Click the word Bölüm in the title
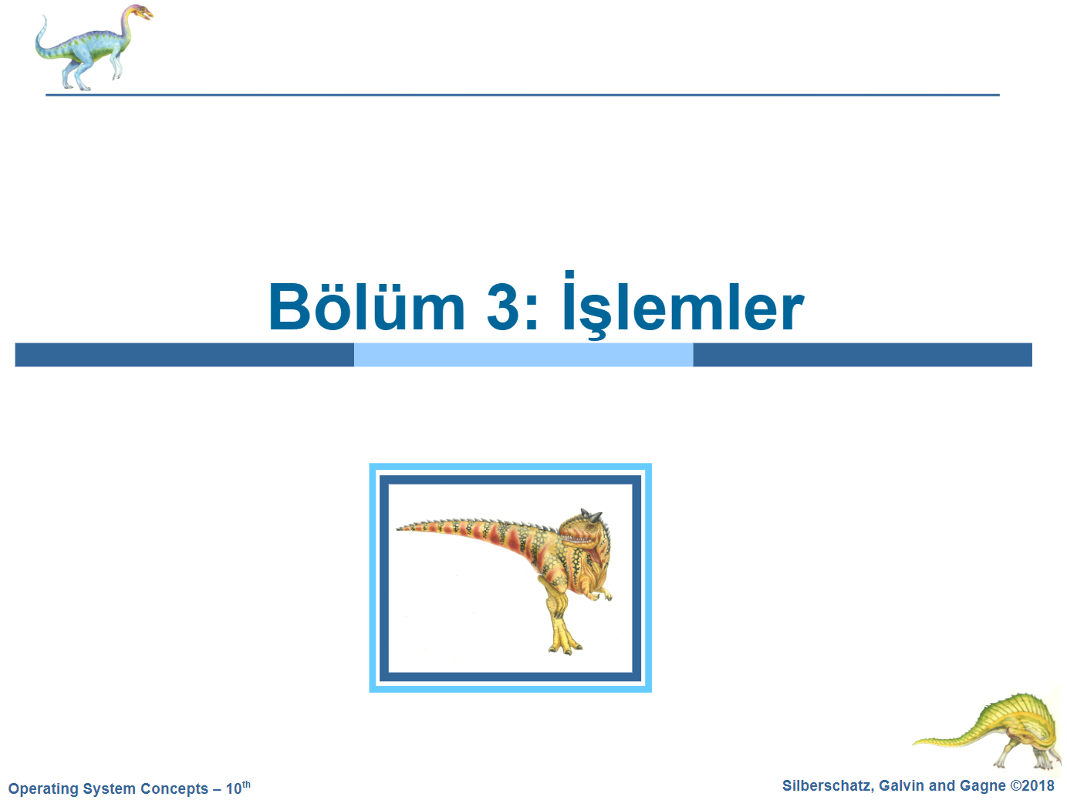tap(367, 306)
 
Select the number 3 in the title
tap(505, 307)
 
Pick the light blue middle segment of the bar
tap(524, 355)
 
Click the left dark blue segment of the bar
tap(184, 355)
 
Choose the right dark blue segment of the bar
tap(863, 355)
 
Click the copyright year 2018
tap(1038, 785)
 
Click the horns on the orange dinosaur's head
tap(592, 515)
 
